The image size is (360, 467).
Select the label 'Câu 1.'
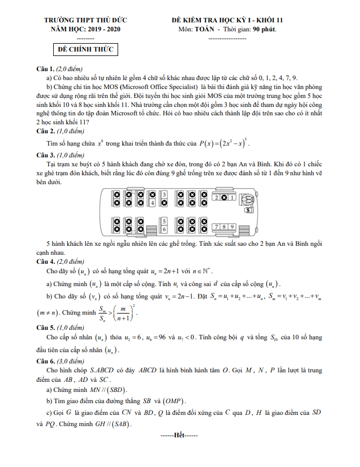pos(45,68)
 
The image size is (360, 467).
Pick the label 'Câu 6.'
pos(45,362)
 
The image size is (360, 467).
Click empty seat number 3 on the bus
pos(165,195)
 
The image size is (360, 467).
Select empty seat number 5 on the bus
pos(165,221)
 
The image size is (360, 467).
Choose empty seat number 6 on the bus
pos(165,230)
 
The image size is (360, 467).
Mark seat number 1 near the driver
pos(232,198)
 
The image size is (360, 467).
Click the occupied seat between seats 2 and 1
pos(225,198)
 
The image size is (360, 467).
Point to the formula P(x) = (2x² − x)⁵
pos(224,142)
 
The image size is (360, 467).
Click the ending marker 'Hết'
pos(179,434)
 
